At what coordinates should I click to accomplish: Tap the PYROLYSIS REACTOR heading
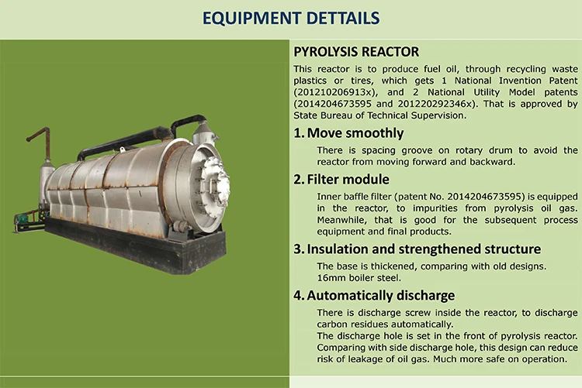356,52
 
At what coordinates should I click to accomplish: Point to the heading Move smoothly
355,133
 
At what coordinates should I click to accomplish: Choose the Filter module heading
348,180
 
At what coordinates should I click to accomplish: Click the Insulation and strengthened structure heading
424,249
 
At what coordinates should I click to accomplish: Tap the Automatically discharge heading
380,295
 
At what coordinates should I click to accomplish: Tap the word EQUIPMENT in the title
251,18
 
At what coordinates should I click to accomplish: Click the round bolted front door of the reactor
215,181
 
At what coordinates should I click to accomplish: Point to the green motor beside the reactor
23,219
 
